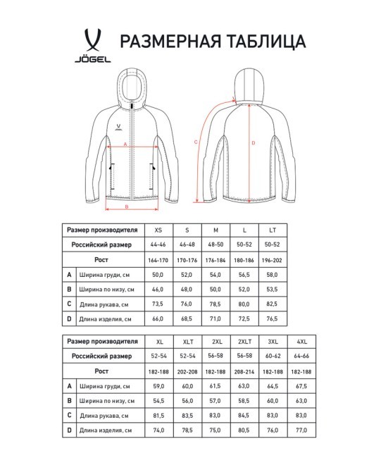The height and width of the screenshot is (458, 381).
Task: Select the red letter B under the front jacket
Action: coord(126,207)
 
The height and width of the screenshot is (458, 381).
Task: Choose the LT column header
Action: coord(272,230)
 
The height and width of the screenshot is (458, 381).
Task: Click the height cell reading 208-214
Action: coord(243,371)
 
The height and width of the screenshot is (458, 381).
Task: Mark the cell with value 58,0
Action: coord(272,275)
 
